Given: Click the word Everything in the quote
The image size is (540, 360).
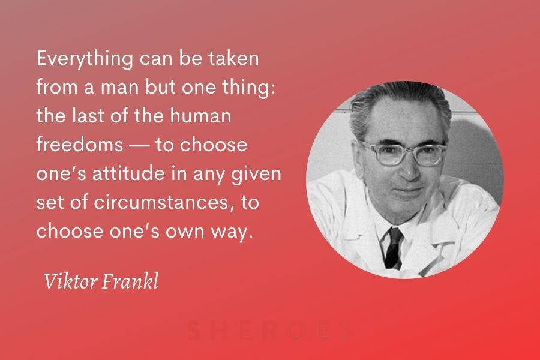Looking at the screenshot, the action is (x=85, y=59).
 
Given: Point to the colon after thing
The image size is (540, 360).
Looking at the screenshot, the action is (x=273, y=88).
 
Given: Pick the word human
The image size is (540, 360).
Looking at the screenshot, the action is (x=200, y=115).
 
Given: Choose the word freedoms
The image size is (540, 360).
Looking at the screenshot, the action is (x=80, y=144).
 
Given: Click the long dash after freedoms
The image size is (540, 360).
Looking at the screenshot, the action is (x=139, y=146).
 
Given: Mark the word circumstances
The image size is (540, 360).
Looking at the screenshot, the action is (x=161, y=202).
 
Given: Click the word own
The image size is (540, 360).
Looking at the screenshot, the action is (x=185, y=232).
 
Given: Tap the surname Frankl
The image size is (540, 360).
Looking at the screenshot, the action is (x=130, y=281).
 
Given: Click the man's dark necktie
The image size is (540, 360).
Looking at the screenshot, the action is (x=393, y=247).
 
